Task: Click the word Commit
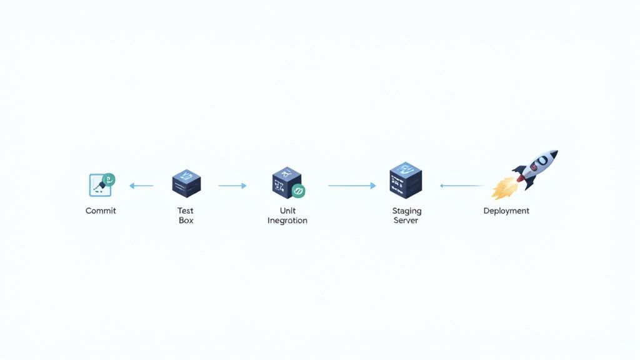pos(101,211)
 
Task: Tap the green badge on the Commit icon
pos(109,180)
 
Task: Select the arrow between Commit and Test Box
pos(141,186)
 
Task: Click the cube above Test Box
pos(186,183)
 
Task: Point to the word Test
pos(186,211)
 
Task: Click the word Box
pos(186,221)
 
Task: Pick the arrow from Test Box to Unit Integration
pos(232,186)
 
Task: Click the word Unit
pos(287,211)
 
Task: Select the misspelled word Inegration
pos(287,221)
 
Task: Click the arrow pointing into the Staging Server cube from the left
pos(352,186)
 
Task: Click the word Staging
pos(406,211)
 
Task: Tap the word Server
pos(406,221)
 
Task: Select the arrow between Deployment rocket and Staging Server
pos(462,186)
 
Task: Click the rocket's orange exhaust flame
pos(503,187)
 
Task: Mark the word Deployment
pos(506,211)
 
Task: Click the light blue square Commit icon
pos(98,185)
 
